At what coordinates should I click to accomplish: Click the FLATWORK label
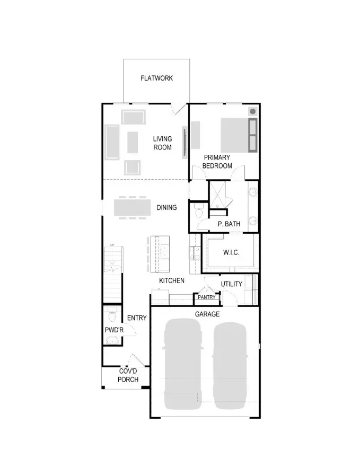point(156,78)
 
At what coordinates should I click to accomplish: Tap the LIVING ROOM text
point(162,143)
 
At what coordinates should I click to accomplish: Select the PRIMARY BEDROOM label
point(217,162)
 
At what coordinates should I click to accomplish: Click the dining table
point(132,207)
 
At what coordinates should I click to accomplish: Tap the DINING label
point(166,207)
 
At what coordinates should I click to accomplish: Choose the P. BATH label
point(229,224)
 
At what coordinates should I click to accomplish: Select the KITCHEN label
point(172,280)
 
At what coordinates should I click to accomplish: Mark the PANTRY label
point(206,297)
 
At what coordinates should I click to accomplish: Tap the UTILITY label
point(232,284)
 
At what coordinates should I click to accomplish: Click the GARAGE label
point(207,314)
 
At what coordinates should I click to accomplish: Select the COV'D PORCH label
point(128,375)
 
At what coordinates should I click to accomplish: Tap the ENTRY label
point(137,318)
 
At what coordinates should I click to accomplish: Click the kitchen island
point(159,253)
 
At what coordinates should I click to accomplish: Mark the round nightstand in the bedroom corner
point(252,111)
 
